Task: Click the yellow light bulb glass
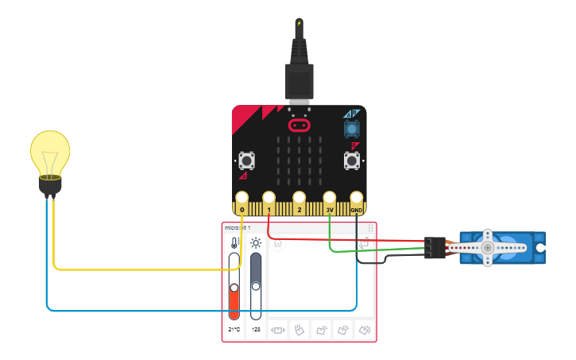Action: click(50, 152)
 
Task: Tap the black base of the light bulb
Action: click(50, 185)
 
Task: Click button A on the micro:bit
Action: click(246, 161)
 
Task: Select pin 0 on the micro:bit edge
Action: click(242, 198)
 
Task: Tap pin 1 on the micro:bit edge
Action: click(269, 198)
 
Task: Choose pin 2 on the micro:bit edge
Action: click(299, 198)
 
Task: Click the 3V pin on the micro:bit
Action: click(329, 198)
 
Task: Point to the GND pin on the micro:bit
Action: click(357, 198)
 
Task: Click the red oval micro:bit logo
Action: click(300, 126)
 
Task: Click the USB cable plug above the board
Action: click(300, 79)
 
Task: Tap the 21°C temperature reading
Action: click(234, 329)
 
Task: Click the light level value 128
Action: click(256, 329)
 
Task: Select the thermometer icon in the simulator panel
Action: click(234, 243)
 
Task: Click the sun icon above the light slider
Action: click(256, 243)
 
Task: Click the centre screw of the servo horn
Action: click(487, 248)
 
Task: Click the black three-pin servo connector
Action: click(433, 247)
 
